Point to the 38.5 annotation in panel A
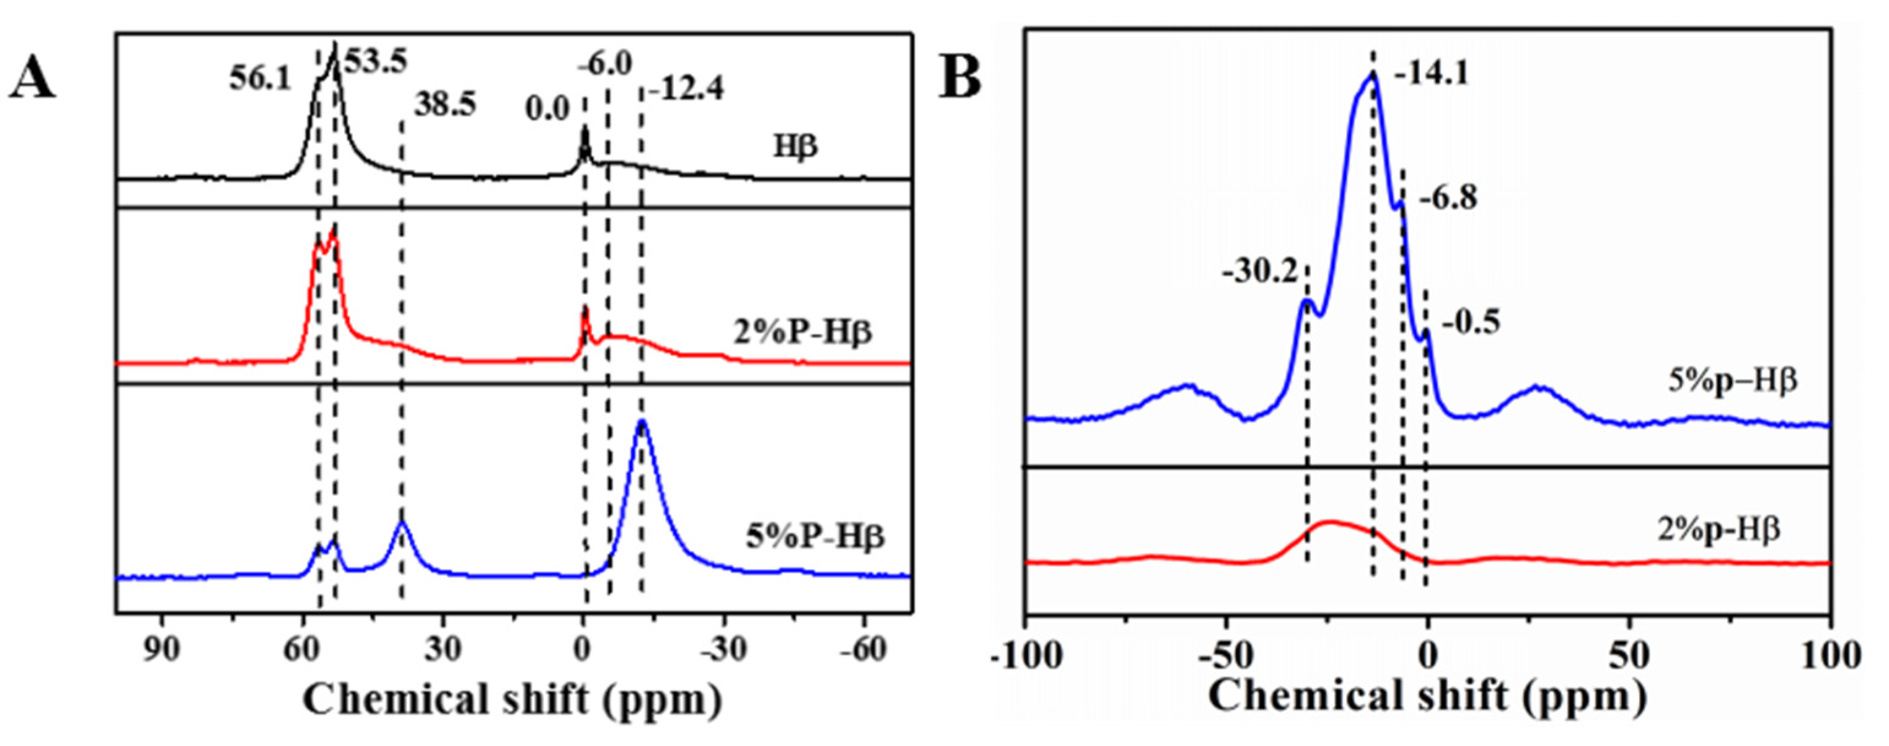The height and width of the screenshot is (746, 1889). (x=445, y=105)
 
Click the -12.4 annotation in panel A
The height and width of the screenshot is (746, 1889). (x=685, y=89)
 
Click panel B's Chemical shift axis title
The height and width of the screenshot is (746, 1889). (x=1427, y=696)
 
